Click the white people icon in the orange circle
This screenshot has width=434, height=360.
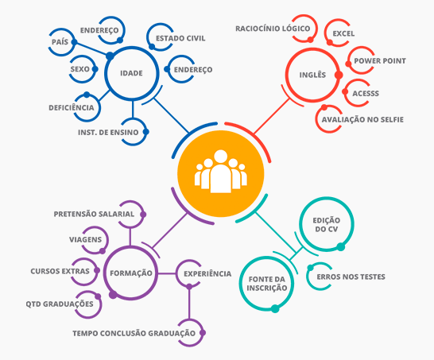[221, 172]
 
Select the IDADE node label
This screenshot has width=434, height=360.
[131, 73]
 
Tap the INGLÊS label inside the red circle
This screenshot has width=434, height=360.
[312, 75]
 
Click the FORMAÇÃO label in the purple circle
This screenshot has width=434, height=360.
[131, 273]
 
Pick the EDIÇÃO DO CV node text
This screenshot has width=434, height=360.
[327, 225]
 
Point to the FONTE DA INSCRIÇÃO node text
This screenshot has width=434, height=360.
[267, 284]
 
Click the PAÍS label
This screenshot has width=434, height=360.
[60, 42]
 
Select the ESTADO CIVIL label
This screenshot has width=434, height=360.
[180, 38]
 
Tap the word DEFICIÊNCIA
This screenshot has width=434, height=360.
[72, 107]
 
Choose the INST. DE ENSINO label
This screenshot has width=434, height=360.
[108, 132]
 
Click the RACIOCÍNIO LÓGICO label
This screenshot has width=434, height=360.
[273, 29]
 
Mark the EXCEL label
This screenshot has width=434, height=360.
[343, 33]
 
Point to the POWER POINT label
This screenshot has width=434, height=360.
[380, 61]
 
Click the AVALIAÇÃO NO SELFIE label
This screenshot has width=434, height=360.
[362, 119]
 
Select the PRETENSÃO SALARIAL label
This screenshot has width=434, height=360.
[94, 214]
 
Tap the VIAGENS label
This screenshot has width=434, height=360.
[86, 240]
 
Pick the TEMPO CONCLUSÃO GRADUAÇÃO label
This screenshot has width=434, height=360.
[134, 333]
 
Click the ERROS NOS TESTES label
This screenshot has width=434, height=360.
[351, 277]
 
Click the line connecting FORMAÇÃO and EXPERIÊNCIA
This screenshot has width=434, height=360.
[167, 273]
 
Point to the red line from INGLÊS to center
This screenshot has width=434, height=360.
[271, 117]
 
